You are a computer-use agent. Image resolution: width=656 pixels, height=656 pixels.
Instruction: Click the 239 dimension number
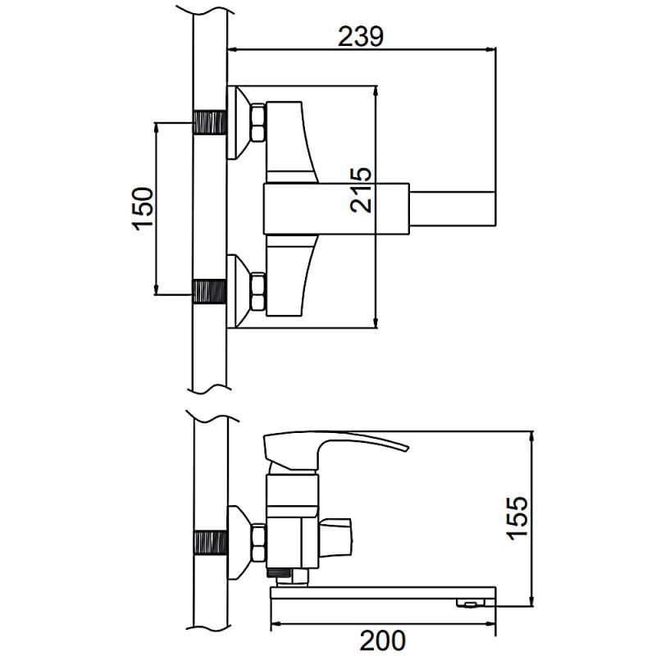pyautogui.click(x=360, y=36)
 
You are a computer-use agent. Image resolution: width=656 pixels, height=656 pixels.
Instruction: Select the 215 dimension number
pyautogui.click(x=362, y=190)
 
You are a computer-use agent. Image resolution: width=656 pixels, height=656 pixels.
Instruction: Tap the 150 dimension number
pyautogui.click(x=143, y=208)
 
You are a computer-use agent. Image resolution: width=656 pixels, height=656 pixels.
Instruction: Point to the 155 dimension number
pyautogui.click(x=517, y=517)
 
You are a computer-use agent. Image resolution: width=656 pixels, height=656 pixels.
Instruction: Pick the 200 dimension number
pyautogui.click(x=382, y=640)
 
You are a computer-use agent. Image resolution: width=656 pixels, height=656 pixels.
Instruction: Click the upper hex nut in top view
pyautogui.click(x=257, y=122)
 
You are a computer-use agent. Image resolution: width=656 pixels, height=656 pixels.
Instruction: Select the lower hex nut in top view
pyautogui.click(x=257, y=292)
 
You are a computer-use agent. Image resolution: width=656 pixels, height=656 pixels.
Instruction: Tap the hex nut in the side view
pyautogui.click(x=258, y=543)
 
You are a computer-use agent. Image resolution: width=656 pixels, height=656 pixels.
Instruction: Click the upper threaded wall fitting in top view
pyautogui.click(x=210, y=122)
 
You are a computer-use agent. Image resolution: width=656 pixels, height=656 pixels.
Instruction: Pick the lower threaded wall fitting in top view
pyautogui.click(x=210, y=291)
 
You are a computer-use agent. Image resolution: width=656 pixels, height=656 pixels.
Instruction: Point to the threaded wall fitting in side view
pyautogui.click(x=212, y=543)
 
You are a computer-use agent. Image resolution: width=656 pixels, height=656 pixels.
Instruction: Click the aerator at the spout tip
pyautogui.click(x=470, y=603)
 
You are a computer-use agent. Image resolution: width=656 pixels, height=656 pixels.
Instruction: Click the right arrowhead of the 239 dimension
pyautogui.click(x=490, y=49)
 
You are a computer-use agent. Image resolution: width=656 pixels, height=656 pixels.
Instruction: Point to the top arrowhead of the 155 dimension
pyautogui.click(x=531, y=437)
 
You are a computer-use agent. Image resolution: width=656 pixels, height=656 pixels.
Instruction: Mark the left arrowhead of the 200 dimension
pyautogui.click(x=277, y=623)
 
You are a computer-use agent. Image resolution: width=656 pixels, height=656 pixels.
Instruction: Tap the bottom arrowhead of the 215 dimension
pyautogui.click(x=376, y=322)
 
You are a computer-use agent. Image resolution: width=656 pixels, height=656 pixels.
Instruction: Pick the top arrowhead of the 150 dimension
pyautogui.click(x=156, y=129)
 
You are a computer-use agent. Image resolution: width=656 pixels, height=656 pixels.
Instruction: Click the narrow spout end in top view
pyautogui.click(x=453, y=209)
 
